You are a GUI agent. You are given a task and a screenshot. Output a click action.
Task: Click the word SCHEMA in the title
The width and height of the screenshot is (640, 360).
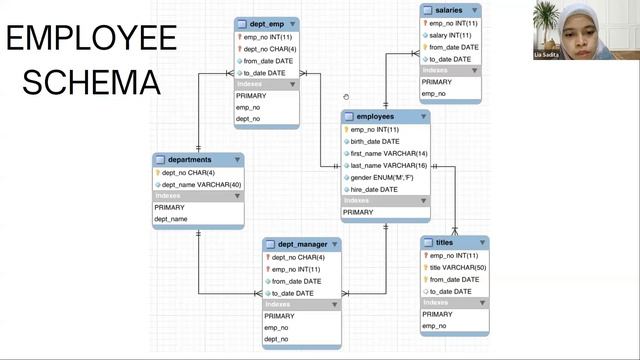point(91,82)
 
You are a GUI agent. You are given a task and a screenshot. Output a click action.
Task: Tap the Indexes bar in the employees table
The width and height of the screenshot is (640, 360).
point(385,201)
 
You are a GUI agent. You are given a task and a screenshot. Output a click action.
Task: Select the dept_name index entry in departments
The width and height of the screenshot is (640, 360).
point(171,219)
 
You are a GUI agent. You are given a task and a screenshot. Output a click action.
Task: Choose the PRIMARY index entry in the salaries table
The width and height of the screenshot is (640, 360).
point(437,82)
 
